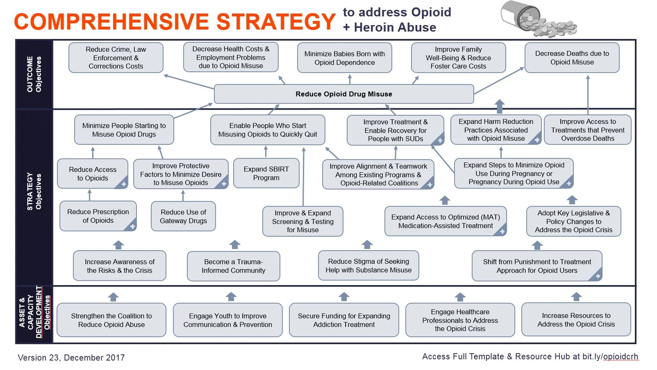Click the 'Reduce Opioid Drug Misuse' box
tap(344, 94)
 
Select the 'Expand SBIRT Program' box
tap(266, 173)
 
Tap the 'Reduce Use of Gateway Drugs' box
tap(183, 217)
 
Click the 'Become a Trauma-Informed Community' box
tap(234, 266)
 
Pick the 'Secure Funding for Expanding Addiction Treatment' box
tap(344, 320)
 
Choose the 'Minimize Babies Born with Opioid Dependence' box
tap(345, 58)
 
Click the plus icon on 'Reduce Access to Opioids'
tap(124, 184)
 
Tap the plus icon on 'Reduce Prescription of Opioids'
tap(132, 227)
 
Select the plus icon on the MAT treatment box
tap(502, 232)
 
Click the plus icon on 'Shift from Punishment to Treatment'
tap(598, 276)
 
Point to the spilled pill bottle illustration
tap(539, 19)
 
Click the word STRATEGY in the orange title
tap(276, 22)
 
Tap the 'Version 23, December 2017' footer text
tap(71, 358)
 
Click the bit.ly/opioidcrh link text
tap(610, 357)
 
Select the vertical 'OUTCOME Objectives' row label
tap(34, 74)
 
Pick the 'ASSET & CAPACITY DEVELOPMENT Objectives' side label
tap(34, 312)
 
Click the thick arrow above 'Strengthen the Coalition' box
tap(113, 297)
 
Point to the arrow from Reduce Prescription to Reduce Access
tap(89, 195)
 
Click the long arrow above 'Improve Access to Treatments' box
tap(588, 95)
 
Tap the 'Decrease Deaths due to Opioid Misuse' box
tap(572, 58)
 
